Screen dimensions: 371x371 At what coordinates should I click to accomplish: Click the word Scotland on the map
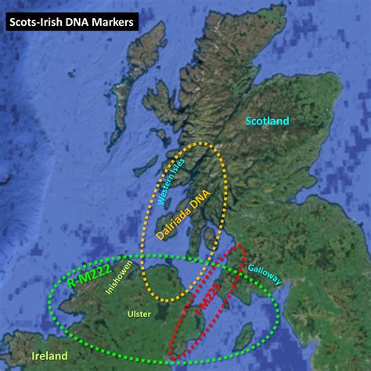tap(267, 121)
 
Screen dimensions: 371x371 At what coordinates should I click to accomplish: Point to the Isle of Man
tap(243, 337)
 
